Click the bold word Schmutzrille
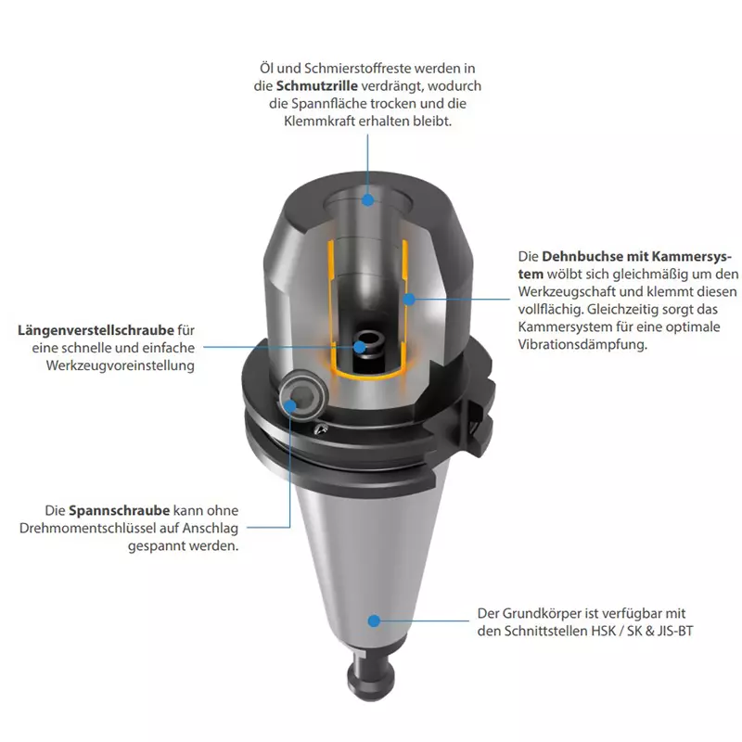pyautogui.click(x=316, y=86)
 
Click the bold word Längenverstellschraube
pyautogui.click(x=96, y=330)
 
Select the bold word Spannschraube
pyautogui.click(x=120, y=511)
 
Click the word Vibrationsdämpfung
pyautogui.click(x=582, y=344)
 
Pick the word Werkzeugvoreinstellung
pyautogui.click(x=121, y=365)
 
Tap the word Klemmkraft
pyautogui.click(x=319, y=122)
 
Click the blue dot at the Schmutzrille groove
pyautogui.click(x=367, y=199)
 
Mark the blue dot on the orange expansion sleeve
pyautogui.click(x=409, y=299)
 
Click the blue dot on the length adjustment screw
pyautogui.click(x=360, y=347)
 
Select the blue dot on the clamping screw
pyautogui.click(x=290, y=405)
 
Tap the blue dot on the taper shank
pyautogui.click(x=374, y=620)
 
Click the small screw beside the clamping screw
pyautogui.click(x=321, y=429)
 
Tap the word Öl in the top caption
pyautogui.click(x=266, y=68)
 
